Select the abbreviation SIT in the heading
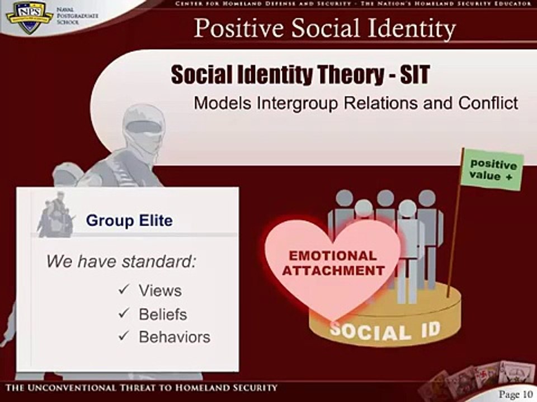pyautogui.click(x=414, y=75)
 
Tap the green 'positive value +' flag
pyautogui.click(x=493, y=170)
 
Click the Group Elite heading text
pyautogui.click(x=129, y=221)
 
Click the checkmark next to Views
pyautogui.click(x=124, y=290)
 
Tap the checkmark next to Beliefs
pyautogui.click(x=124, y=313)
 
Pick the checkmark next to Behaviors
pyautogui.click(x=124, y=336)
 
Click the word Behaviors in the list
pyautogui.click(x=175, y=337)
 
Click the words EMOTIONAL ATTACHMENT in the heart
pyautogui.click(x=333, y=264)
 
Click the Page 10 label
pyautogui.click(x=516, y=395)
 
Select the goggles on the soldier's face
pyautogui.click(x=144, y=127)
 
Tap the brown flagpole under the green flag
pyautogui.click(x=455, y=234)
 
